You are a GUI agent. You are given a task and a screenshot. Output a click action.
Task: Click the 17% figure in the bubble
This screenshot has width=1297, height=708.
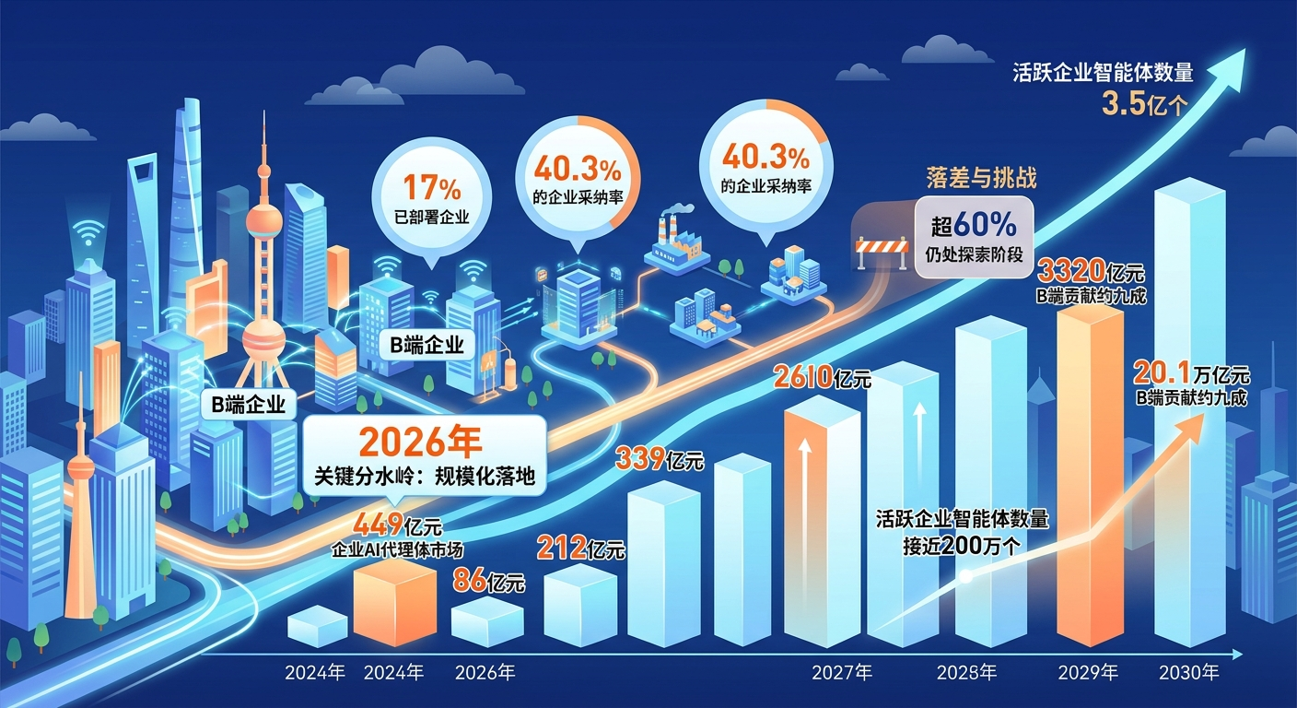432,187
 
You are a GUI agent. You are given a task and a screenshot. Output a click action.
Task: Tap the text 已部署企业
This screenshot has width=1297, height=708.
431,218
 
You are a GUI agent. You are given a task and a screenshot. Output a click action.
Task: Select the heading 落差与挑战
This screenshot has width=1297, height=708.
981,177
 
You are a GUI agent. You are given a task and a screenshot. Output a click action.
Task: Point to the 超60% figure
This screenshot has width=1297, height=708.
974,225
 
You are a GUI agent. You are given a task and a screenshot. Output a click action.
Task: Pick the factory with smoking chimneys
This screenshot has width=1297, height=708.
676,241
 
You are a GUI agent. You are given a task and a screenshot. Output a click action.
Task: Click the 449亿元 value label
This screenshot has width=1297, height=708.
397,525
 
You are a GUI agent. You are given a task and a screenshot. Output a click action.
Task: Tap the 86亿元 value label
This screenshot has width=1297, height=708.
488,581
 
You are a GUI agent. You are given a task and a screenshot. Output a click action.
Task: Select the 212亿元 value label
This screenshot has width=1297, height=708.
580,549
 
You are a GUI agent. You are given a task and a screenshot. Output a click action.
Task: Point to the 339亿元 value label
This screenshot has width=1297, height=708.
660,459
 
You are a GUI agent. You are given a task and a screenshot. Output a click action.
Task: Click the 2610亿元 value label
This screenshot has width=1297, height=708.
822,378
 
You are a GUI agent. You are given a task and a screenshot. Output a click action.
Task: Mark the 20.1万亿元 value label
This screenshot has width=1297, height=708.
1191,373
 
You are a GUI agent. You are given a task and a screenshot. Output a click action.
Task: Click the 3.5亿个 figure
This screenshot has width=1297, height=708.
1144,105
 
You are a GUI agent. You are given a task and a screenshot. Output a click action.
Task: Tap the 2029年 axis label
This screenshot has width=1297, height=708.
1088,673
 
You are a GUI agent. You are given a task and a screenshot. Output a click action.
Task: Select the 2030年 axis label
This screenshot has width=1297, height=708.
1188,673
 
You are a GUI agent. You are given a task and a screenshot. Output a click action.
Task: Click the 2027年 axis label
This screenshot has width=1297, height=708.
842,673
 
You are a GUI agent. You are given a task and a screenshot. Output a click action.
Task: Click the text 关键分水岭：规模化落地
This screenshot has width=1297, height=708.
425,477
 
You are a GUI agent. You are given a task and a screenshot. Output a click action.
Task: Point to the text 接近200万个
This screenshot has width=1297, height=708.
963,546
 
